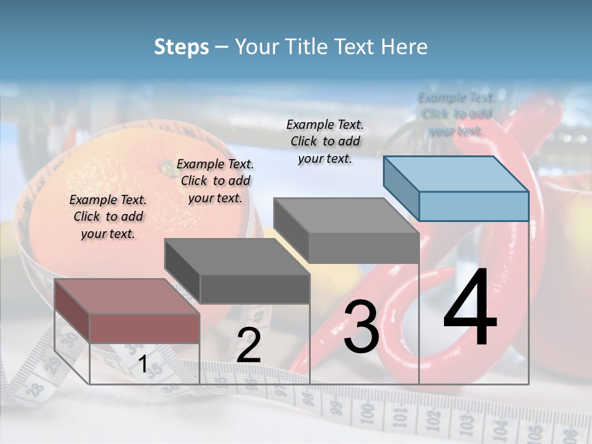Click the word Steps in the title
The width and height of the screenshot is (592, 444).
pyautogui.click(x=181, y=47)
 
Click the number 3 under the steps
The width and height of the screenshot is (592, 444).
pyautogui.click(x=361, y=327)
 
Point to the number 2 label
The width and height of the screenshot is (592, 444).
pyautogui.click(x=249, y=345)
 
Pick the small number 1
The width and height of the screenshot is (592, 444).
pyautogui.click(x=142, y=364)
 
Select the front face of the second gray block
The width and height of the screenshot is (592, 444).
pyautogui.click(x=255, y=289)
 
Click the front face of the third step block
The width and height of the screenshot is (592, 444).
pyautogui.click(x=364, y=249)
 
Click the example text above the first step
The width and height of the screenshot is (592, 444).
pyautogui.click(x=108, y=216)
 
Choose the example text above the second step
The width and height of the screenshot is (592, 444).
pyautogui.click(x=215, y=181)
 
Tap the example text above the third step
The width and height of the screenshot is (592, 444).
pyautogui.click(x=325, y=141)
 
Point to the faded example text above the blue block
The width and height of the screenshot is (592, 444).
pyautogui.click(x=456, y=114)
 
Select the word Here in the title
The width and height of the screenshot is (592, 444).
pyautogui.click(x=406, y=47)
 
